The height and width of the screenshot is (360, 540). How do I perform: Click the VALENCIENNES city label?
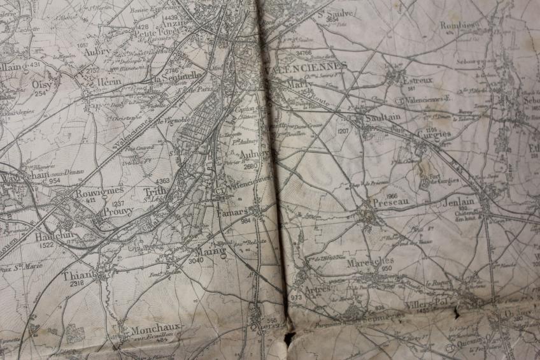pos(308,66)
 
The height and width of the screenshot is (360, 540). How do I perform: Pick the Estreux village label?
pos(417,81)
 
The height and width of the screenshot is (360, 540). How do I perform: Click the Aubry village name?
pos(97,51)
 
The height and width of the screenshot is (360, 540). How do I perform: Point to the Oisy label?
pos(43,83)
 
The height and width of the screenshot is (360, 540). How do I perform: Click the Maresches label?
pos(370,261)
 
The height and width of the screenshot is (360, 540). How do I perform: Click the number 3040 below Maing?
pos(196,260)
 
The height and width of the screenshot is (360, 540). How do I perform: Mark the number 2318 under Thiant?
pos(78,284)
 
